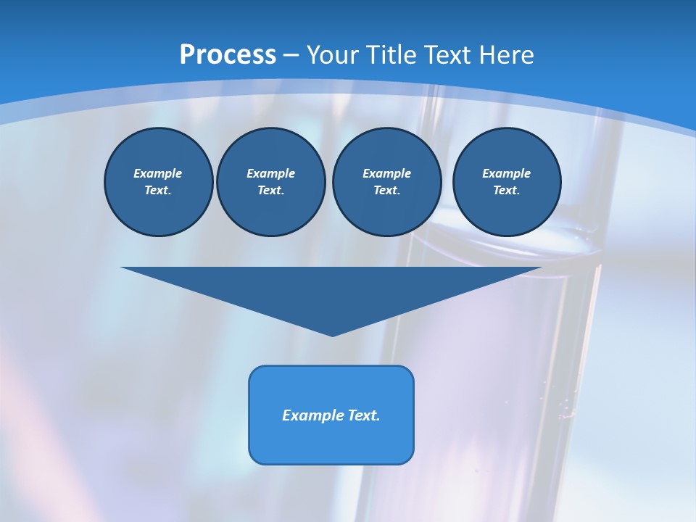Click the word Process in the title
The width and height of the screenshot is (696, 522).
(x=228, y=54)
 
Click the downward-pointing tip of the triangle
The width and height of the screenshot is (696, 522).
(x=332, y=334)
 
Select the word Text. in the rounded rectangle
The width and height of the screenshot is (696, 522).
(x=362, y=415)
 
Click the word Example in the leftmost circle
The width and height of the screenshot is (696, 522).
(x=158, y=173)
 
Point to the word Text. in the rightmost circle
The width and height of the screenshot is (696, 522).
(x=506, y=190)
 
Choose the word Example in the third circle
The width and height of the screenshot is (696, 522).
(x=386, y=173)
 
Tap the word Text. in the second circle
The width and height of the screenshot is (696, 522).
(x=270, y=190)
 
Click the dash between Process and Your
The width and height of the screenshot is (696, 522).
(x=291, y=55)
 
